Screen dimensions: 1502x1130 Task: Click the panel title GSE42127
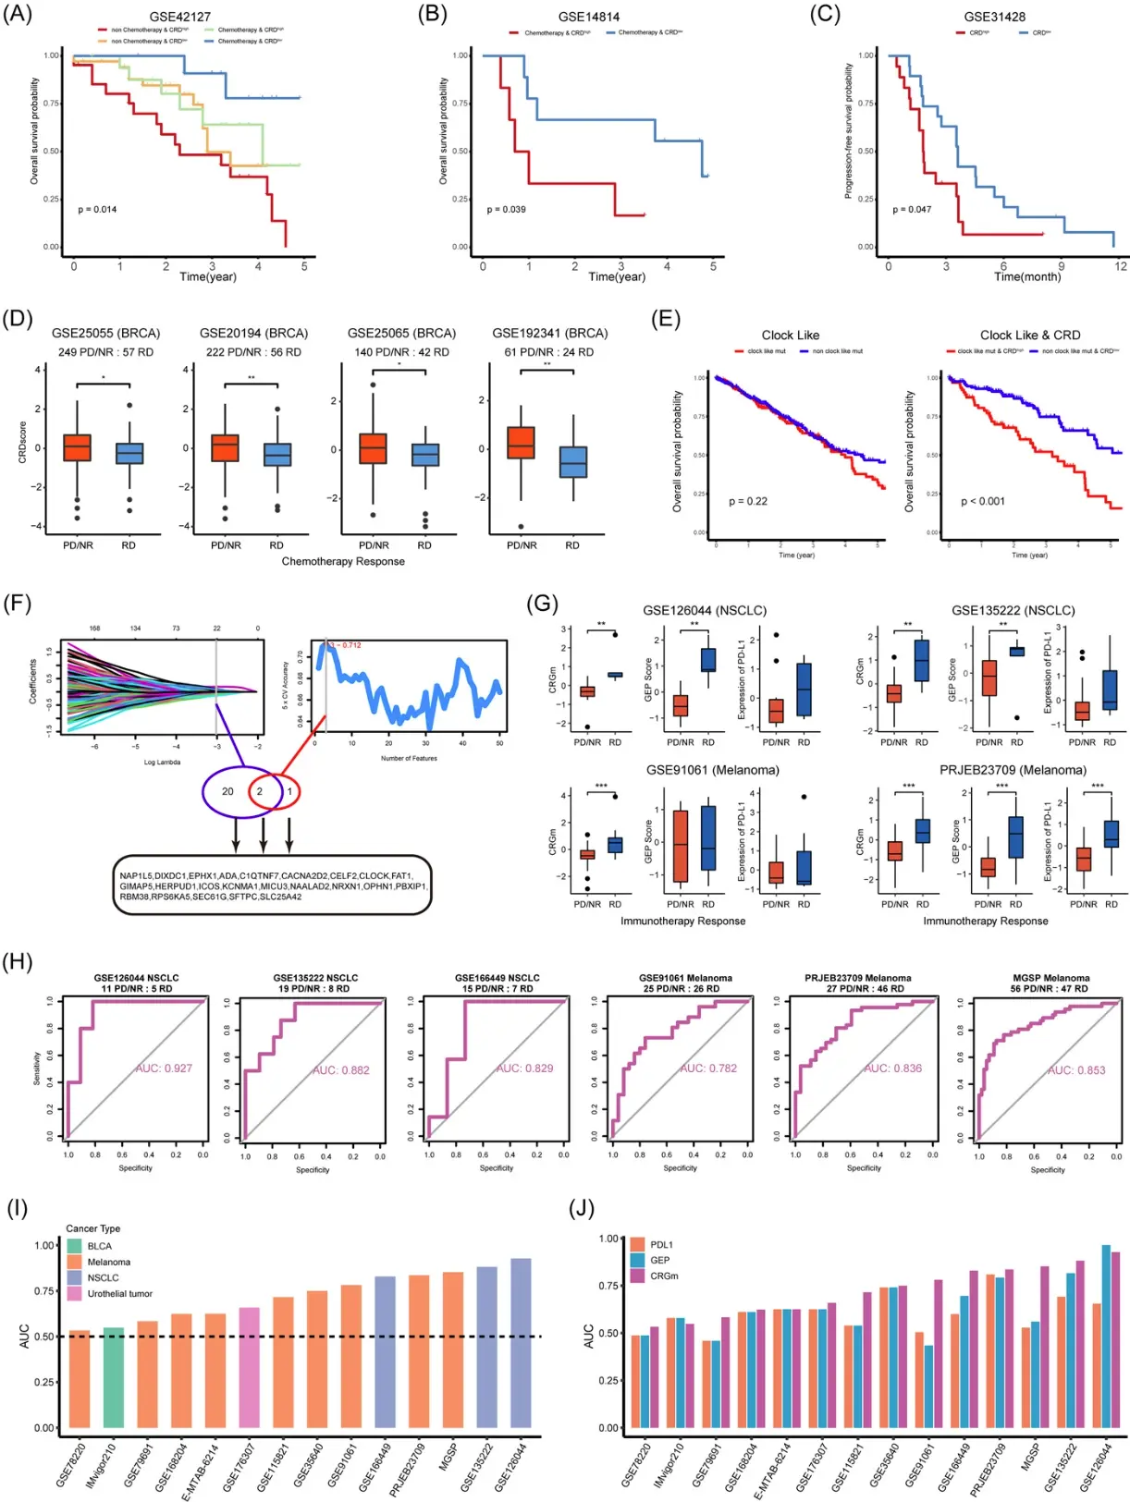pos(179,17)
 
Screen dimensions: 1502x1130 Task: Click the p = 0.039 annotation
pos(506,210)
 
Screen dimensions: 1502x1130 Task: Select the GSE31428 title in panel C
pos(994,17)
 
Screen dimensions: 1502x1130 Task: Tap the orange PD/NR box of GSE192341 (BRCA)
pos(522,443)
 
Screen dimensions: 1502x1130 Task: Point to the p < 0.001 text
pos(982,501)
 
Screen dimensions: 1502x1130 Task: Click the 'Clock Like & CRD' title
pos(1029,336)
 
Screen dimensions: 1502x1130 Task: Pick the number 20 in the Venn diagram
pos(227,791)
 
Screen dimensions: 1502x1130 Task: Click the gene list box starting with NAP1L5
pos(272,885)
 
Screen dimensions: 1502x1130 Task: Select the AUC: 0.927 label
pos(164,1068)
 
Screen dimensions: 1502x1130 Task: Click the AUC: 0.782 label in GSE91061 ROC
pos(708,1068)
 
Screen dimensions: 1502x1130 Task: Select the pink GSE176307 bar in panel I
pos(249,1368)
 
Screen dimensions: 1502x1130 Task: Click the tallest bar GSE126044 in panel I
pos(521,1342)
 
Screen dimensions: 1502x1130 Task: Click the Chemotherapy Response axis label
pos(343,561)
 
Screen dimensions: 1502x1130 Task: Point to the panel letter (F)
pos(18,604)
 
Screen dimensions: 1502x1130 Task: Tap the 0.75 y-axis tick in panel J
pos(608,1286)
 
